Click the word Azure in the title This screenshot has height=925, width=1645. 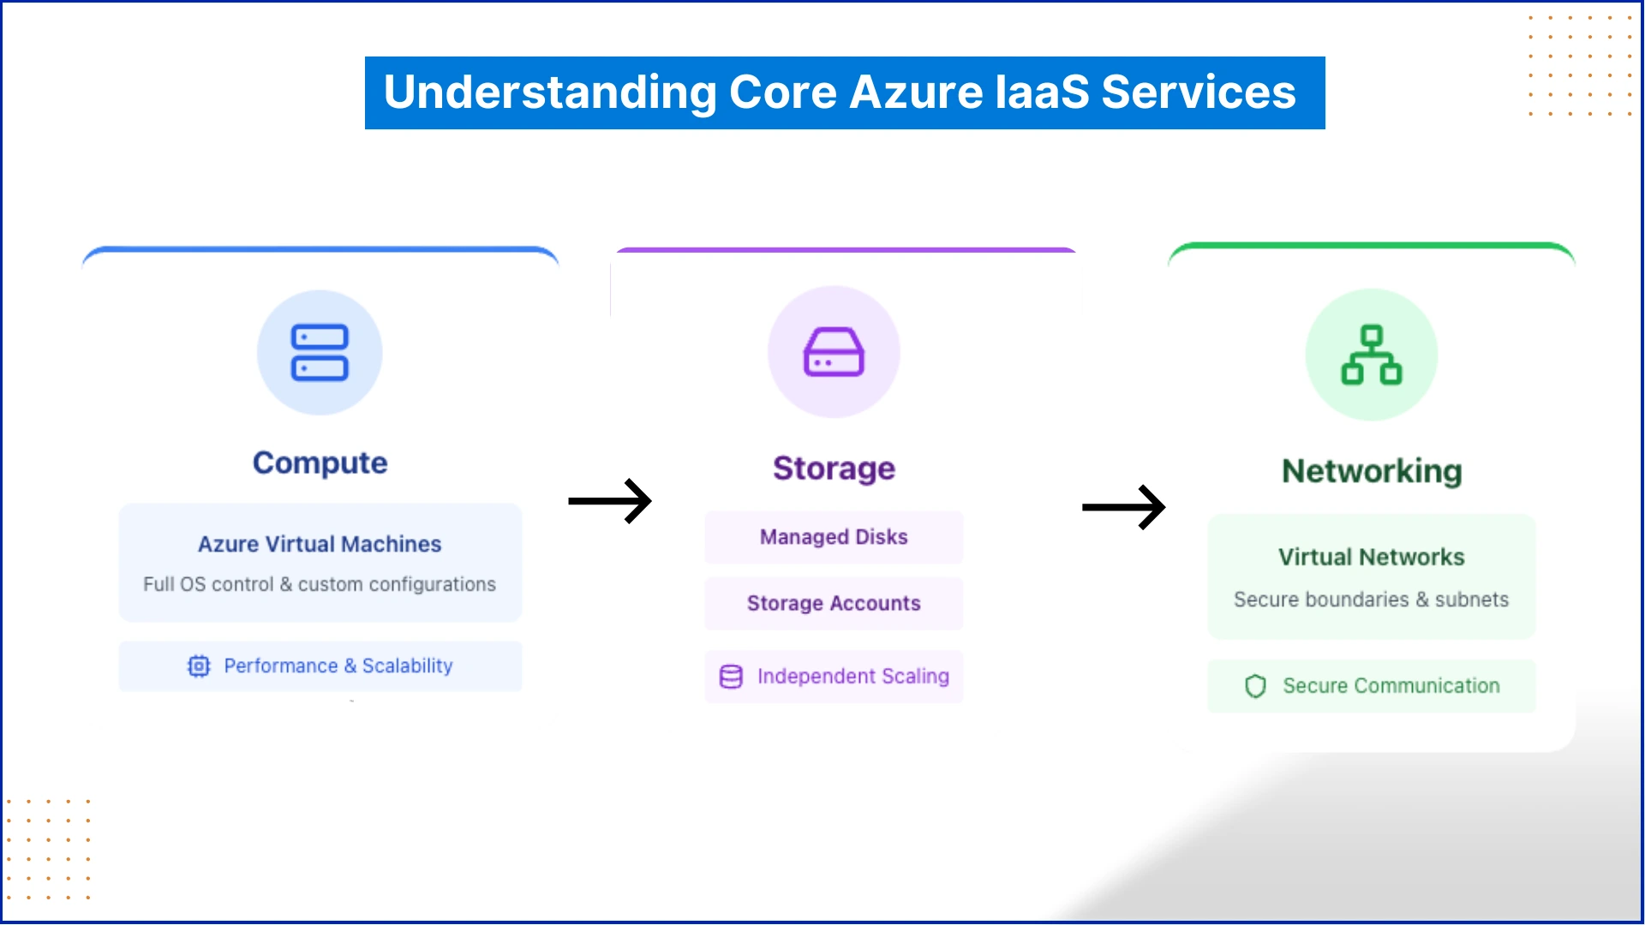point(916,92)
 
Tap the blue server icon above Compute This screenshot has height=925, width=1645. point(320,352)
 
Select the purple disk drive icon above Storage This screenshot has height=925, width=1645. point(834,352)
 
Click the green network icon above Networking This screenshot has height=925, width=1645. point(1371,355)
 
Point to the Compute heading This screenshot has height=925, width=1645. point(320,462)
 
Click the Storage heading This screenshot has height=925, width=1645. point(834,468)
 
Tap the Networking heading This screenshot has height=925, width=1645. point(1371,471)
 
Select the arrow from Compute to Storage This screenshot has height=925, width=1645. point(610,501)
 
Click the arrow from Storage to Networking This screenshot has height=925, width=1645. point(1123,507)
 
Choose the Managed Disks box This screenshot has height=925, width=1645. point(834,537)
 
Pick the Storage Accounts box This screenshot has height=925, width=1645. point(834,603)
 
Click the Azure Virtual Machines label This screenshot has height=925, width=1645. point(320,544)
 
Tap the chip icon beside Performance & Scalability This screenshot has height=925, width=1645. point(199,666)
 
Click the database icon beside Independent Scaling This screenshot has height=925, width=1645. point(731,677)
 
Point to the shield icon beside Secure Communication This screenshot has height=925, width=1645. point(1255,686)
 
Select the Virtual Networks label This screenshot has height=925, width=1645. point(1371,557)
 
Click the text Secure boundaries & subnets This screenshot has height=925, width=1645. point(1371,600)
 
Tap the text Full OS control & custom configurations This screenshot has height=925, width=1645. point(320,584)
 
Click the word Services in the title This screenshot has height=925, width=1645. point(1198,92)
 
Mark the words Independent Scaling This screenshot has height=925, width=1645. point(852,677)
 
